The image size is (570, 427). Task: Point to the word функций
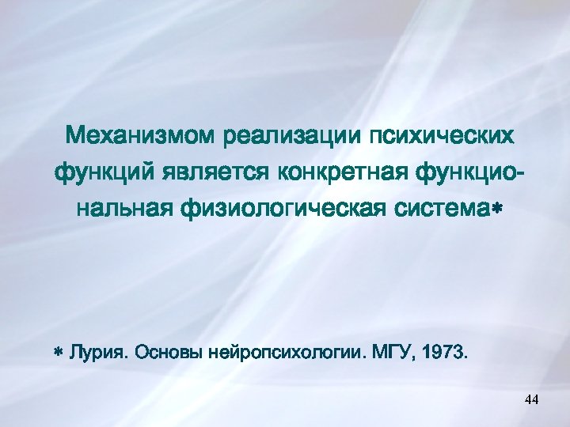click(x=105, y=170)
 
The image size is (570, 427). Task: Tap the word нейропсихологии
click(x=283, y=351)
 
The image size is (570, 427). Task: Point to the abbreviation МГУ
click(x=389, y=351)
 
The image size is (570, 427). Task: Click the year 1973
click(x=444, y=351)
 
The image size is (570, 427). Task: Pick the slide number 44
click(x=531, y=402)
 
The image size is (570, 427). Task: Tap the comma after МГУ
click(x=410, y=356)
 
